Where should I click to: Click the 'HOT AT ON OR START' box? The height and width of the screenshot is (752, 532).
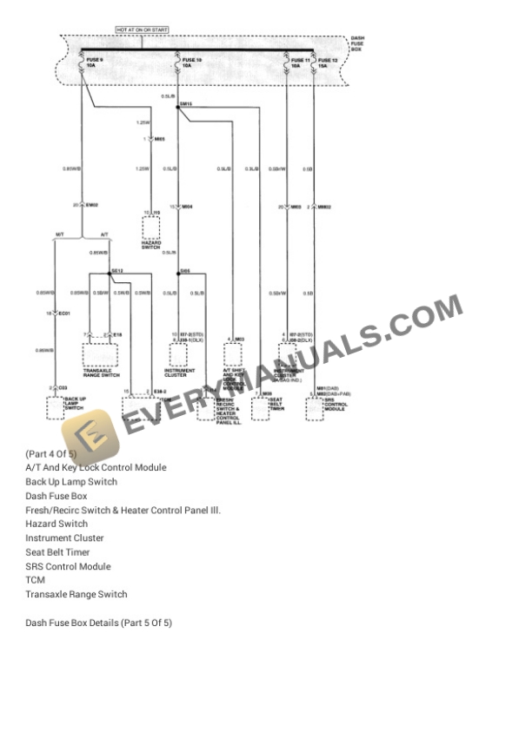pos(143,30)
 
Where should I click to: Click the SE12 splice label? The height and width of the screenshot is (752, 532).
pos(116,270)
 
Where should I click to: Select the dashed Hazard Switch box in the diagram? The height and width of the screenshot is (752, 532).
pos(151,228)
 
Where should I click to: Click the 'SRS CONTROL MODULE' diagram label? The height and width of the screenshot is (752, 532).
pos(336,405)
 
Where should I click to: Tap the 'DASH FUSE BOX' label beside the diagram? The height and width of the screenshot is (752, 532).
pos(356,44)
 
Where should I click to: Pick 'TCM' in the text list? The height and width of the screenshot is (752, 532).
pos(35,580)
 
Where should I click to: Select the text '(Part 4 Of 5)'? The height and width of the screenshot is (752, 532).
pos(50,453)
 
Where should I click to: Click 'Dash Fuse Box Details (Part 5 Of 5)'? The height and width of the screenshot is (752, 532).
pos(98,623)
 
